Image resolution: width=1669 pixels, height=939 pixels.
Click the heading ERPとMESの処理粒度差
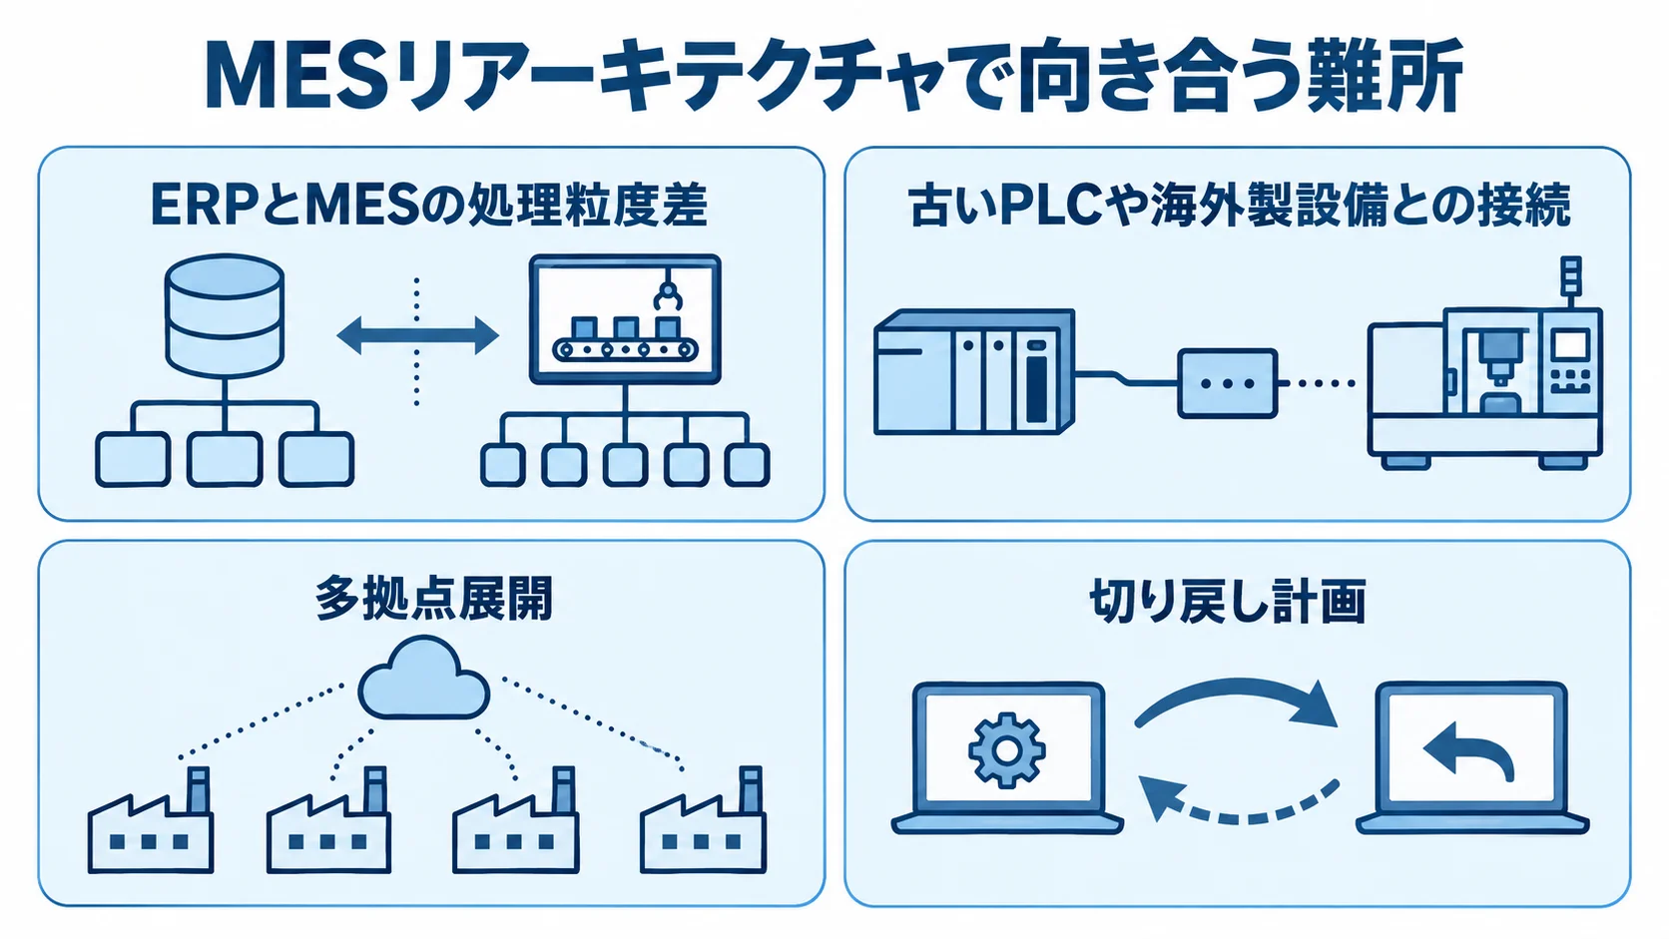tap(429, 205)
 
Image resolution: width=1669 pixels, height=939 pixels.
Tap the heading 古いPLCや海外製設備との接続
tap(1239, 205)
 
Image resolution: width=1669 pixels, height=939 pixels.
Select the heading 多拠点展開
tap(433, 599)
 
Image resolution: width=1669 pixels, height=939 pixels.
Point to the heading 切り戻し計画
tap(1228, 602)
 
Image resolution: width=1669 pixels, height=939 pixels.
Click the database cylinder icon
tap(225, 314)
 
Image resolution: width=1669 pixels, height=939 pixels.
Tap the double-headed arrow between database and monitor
tap(418, 335)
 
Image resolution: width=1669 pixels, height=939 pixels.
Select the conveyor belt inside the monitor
tap(626, 348)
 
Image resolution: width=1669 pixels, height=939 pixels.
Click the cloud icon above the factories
tap(423, 679)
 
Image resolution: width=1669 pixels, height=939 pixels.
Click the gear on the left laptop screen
tap(1006, 750)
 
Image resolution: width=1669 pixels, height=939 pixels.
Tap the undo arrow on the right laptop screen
tap(1469, 750)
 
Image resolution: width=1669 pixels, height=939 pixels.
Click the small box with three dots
tap(1227, 383)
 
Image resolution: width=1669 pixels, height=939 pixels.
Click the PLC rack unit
tap(974, 371)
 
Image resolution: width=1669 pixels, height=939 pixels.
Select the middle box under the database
tap(225, 459)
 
